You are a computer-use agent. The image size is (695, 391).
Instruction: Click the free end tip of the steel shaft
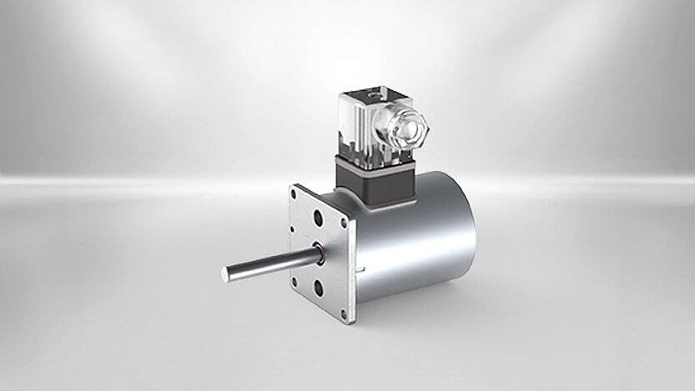pyautogui.click(x=226, y=274)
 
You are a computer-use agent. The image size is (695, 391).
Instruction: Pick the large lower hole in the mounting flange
pyautogui.click(x=319, y=288)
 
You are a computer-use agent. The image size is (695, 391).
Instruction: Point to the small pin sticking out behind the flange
pyautogui.click(x=360, y=268)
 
